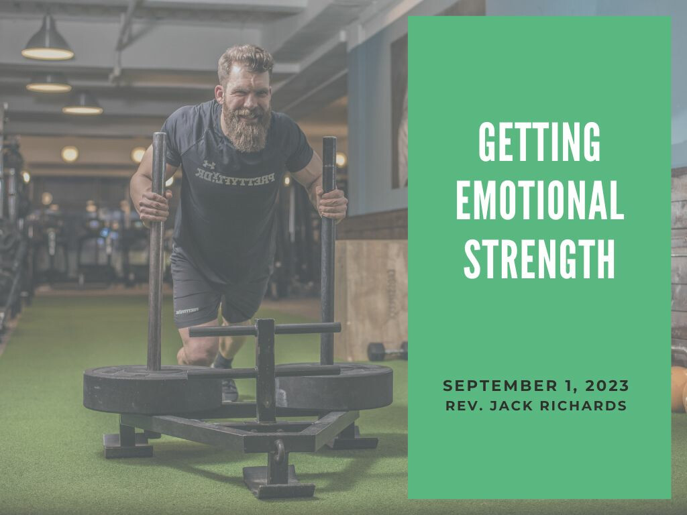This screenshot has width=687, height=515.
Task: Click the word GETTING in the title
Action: pos(539,141)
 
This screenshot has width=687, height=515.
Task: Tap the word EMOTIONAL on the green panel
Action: pos(540,200)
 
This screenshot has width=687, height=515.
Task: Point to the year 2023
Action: pos(607,386)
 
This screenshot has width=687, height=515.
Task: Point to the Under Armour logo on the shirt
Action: pos(209,165)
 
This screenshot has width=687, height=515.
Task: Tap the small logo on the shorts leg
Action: pos(187,311)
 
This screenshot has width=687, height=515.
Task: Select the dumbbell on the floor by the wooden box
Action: pos(387,351)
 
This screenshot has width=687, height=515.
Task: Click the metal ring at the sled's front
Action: pos(278,452)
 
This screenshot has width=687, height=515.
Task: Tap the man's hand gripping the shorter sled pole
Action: pos(332,203)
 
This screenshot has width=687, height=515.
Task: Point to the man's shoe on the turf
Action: pos(229,390)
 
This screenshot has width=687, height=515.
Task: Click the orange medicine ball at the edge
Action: pos(679,389)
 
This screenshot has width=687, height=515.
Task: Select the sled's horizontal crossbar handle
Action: pos(264,329)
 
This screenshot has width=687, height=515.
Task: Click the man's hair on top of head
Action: pos(246,59)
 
